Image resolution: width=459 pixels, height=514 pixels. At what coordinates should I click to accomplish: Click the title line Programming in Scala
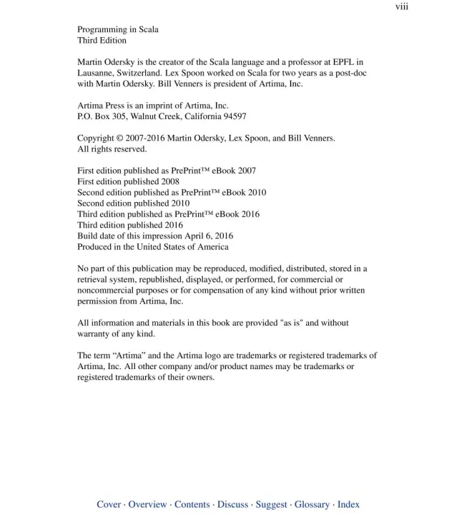pyautogui.click(x=118, y=30)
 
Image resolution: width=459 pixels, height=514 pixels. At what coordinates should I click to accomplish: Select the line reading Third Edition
pyautogui.click(x=102, y=41)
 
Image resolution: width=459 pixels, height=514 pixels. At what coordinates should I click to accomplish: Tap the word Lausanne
pyautogui.click(x=97, y=74)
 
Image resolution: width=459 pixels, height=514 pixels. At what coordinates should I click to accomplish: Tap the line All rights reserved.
pyautogui.click(x=112, y=149)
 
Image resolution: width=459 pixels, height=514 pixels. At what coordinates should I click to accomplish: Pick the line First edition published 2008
pyautogui.click(x=128, y=182)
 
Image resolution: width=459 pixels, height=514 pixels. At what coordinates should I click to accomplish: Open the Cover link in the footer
pyautogui.click(x=109, y=505)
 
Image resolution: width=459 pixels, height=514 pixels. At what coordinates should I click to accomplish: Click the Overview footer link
pyautogui.click(x=147, y=505)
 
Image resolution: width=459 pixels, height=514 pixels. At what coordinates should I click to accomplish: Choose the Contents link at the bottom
pyautogui.click(x=192, y=505)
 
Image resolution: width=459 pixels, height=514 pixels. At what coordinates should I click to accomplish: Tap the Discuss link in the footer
pyautogui.click(x=233, y=505)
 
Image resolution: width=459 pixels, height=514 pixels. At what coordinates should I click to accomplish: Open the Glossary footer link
pyautogui.click(x=312, y=505)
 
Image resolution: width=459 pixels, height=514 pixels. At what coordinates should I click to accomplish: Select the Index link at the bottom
pyautogui.click(x=349, y=505)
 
